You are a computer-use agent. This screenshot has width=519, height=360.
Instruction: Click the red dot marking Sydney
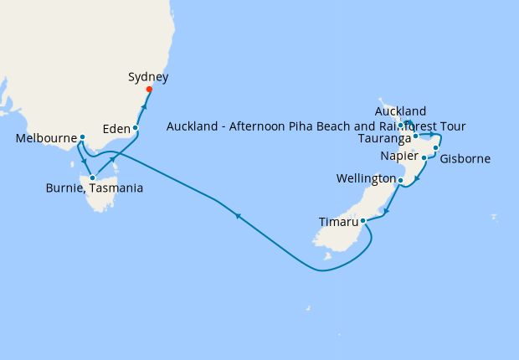[149, 90]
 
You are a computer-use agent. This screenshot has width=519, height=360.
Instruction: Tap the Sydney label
[148, 77]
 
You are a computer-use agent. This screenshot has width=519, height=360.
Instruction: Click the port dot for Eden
[135, 128]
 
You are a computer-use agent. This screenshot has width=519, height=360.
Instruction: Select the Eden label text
[116, 129]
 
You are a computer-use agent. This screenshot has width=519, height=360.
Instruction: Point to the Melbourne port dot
[82, 138]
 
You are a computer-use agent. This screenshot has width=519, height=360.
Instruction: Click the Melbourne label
[47, 139]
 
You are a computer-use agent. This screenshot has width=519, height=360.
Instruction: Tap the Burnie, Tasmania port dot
[92, 177]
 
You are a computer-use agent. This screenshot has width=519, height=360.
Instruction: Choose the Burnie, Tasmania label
[94, 188]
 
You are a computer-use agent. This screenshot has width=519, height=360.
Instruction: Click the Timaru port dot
[362, 222]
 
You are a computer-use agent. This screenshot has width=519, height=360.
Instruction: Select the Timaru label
[339, 222]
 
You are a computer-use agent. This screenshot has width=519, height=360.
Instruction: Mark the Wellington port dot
[400, 180]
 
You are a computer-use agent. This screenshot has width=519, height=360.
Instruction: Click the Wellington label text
[365, 179]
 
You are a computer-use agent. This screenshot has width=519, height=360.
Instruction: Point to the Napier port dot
[424, 157]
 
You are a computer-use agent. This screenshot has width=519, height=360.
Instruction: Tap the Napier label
[399, 157]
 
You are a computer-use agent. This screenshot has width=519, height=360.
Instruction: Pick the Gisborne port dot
[436, 148]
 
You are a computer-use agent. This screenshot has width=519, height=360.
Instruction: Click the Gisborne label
[465, 159]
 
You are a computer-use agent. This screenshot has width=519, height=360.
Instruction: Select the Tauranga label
[383, 137]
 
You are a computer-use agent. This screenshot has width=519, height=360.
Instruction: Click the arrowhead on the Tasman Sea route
[239, 217]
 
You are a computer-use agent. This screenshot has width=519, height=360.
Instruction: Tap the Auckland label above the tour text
[401, 111]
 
